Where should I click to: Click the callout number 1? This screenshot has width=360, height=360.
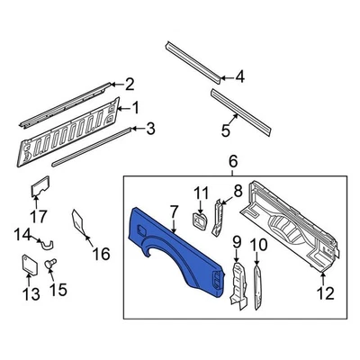tap(137, 108)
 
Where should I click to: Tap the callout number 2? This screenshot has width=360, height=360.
tap(130, 85)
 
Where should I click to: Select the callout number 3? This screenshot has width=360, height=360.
tap(149, 129)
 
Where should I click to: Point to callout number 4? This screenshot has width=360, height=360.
tap(239, 77)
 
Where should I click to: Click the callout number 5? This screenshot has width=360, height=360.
tap(225, 129)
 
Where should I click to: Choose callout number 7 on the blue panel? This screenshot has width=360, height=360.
tap(173, 211)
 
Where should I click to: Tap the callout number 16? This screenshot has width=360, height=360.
tap(102, 255)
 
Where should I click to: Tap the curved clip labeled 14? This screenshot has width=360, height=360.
tap(47, 243)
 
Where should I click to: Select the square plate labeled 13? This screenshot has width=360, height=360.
tap(28, 265)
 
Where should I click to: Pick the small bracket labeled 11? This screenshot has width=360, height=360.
tap(200, 220)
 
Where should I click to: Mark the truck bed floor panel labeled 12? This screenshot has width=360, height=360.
tap(297, 225)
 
